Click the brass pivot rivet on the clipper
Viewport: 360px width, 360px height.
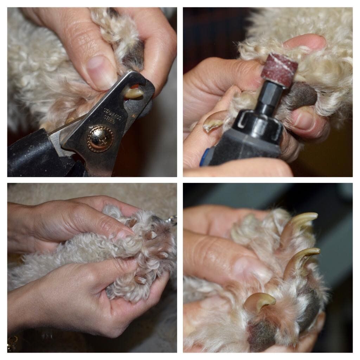coord(101,139)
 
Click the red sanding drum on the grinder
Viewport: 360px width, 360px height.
coord(279,70)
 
